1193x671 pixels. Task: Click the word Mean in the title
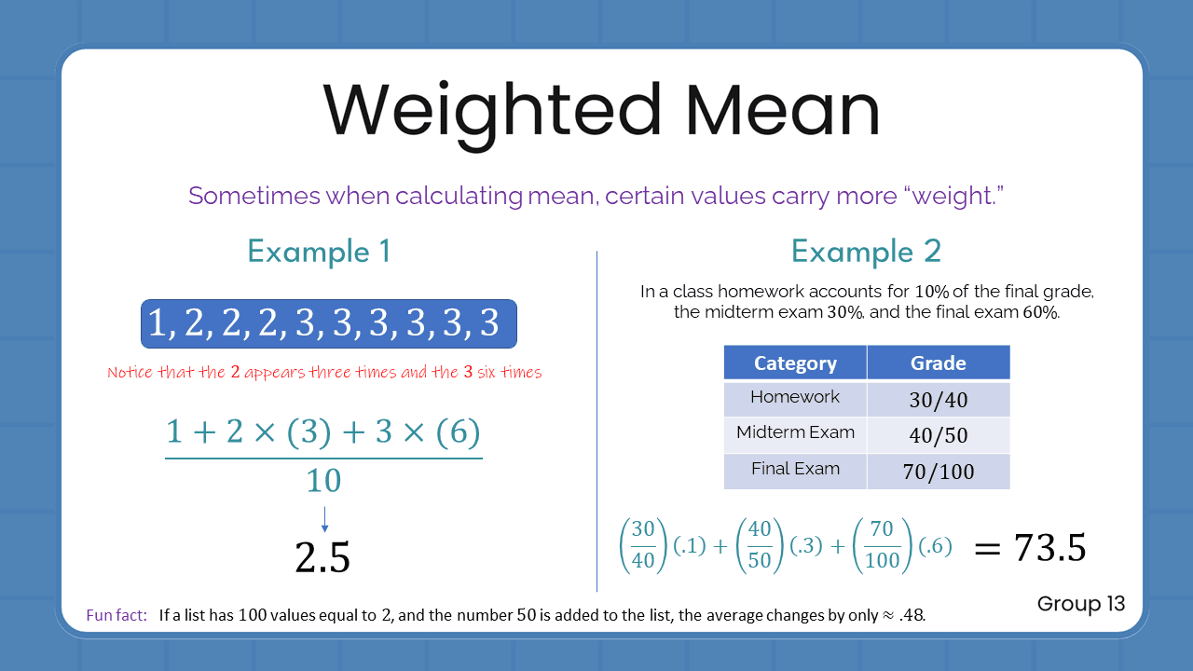click(x=783, y=110)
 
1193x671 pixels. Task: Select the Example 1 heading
click(x=319, y=252)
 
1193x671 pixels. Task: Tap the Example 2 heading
click(x=866, y=252)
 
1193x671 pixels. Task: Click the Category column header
click(x=795, y=363)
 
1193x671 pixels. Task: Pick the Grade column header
click(x=938, y=363)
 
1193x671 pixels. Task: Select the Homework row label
click(x=795, y=397)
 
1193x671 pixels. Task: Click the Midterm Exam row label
click(x=795, y=432)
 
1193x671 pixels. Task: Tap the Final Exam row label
click(x=795, y=469)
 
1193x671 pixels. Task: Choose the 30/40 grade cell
click(x=938, y=400)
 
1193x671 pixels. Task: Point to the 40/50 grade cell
click(x=938, y=435)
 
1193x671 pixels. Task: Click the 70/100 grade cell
click(x=938, y=472)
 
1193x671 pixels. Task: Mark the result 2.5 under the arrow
click(x=322, y=557)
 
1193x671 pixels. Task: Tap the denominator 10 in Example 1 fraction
click(x=323, y=481)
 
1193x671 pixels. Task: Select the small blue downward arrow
click(x=323, y=520)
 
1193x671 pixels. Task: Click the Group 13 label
click(x=1081, y=604)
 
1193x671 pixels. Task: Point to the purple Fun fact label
click(x=117, y=615)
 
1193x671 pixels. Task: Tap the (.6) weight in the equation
click(x=935, y=547)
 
